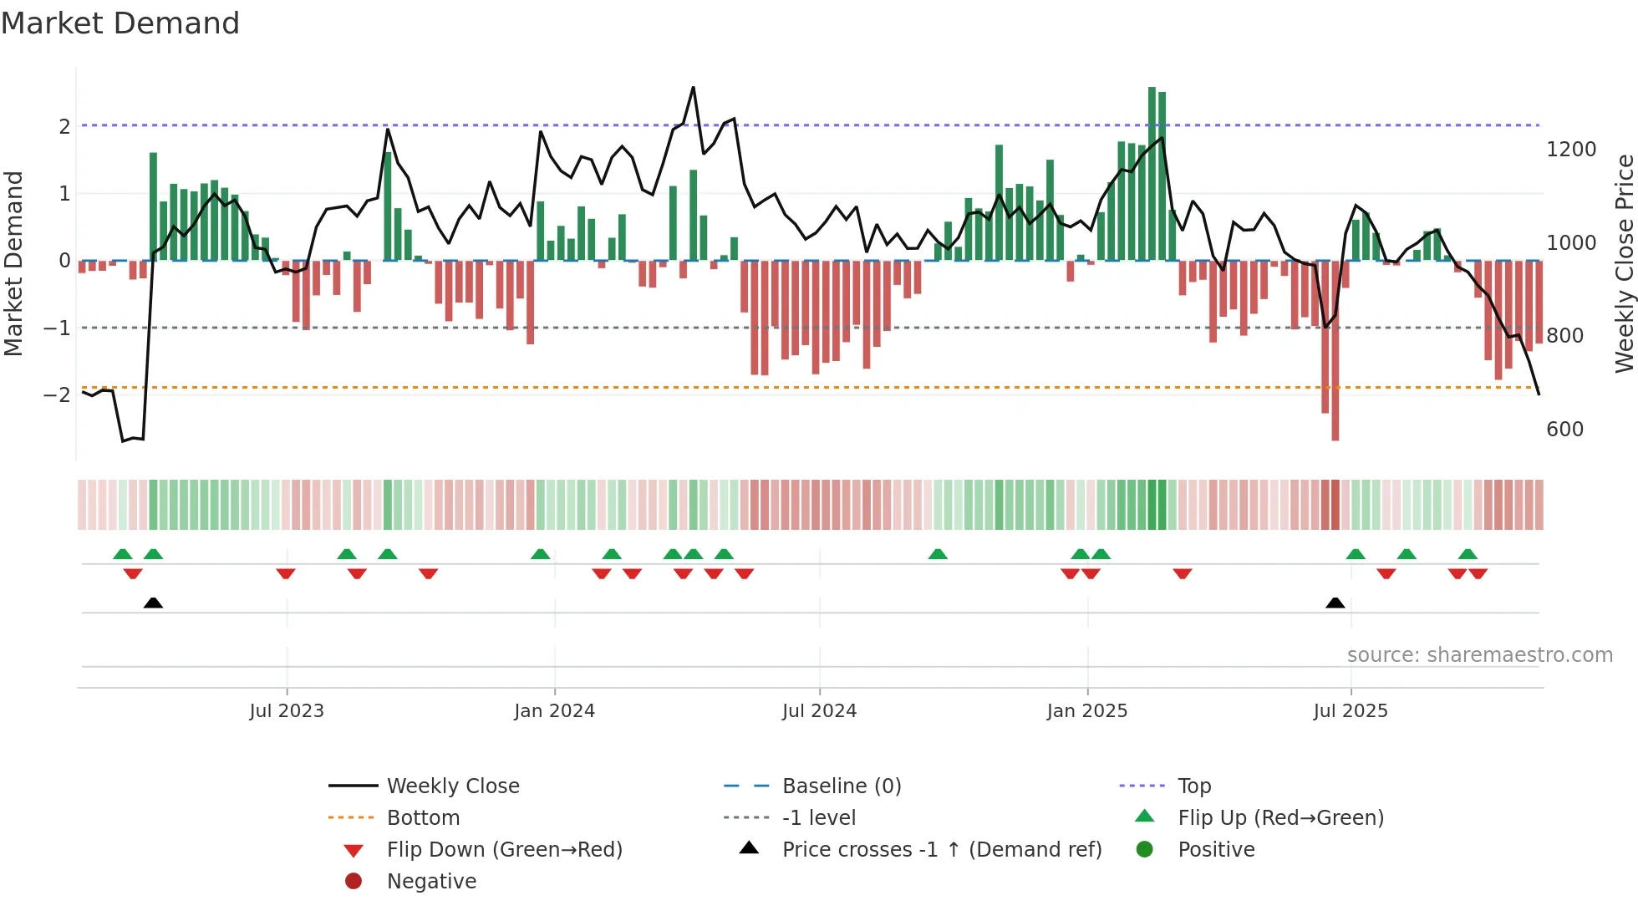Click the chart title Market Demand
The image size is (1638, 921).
pos(120,23)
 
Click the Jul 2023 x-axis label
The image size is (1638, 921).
pos(286,711)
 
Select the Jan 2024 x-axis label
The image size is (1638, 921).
pos(554,711)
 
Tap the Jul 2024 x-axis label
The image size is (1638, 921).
pos(819,711)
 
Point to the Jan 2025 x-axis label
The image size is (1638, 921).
pos(1086,711)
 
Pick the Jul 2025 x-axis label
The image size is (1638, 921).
pos(1350,711)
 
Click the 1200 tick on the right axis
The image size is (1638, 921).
pos(1571,150)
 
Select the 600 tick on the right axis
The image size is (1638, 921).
pos(1564,430)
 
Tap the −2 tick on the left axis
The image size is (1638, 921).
pos(57,394)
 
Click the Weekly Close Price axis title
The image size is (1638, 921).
pos(1624,263)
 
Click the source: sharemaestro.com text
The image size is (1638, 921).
pos(1479,655)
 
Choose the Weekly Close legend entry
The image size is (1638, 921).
pos(452,786)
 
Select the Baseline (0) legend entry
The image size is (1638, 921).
pos(841,786)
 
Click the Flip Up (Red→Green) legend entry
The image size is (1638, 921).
pos(1280,818)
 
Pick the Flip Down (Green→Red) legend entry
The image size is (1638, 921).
pos(504,850)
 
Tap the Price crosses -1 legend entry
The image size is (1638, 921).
pos(941,850)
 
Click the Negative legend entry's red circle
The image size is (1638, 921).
pos(354,882)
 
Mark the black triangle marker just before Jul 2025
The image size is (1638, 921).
pos(1335,603)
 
